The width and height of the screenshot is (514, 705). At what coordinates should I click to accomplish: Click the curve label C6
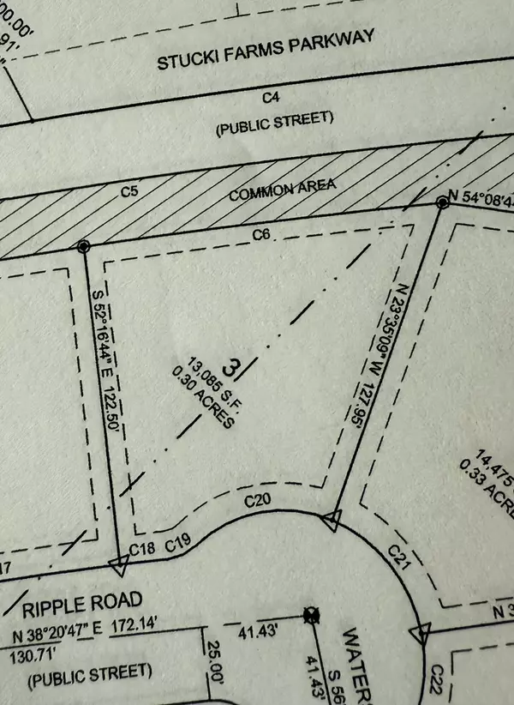[261, 233]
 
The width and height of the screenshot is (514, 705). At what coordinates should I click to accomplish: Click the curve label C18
[140, 548]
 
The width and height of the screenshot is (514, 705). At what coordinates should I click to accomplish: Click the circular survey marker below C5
[83, 247]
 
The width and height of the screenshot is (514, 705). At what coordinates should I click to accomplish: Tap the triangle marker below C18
[118, 563]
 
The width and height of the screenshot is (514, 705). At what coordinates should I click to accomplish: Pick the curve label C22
[436, 675]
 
